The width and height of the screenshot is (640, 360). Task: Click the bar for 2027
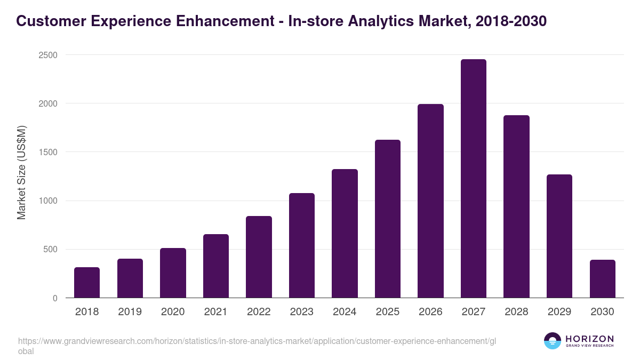(473, 179)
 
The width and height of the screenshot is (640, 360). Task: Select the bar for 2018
(87, 283)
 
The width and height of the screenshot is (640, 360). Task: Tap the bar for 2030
(603, 279)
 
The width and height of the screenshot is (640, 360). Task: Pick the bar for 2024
(345, 234)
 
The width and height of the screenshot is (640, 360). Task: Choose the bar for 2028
(516, 206)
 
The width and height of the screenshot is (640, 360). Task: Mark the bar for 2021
(216, 266)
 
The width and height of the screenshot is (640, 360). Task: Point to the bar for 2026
(430, 201)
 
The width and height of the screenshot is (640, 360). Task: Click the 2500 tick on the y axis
(47, 55)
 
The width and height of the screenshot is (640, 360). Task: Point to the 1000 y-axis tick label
(47, 201)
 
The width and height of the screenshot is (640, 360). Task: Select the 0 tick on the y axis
(55, 298)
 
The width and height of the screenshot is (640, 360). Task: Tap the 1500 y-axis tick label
(47, 152)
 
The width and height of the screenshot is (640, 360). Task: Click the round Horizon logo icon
(553, 341)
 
